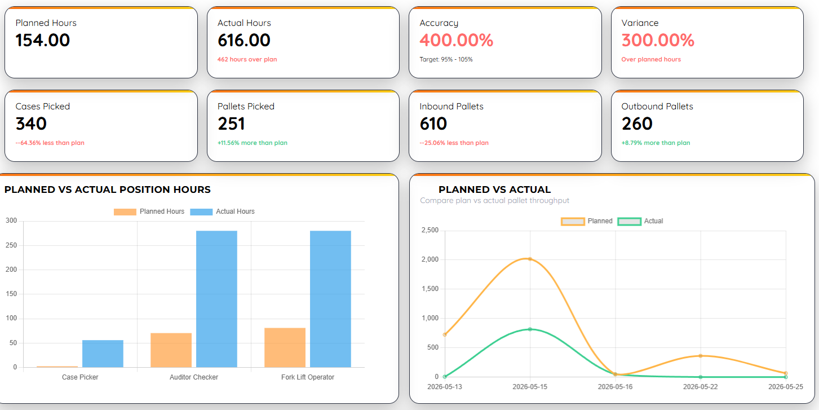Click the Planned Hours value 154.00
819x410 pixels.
click(42, 40)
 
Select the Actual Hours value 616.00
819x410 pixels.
click(244, 40)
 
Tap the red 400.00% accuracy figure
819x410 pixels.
click(457, 40)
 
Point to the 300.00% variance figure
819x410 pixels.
click(658, 40)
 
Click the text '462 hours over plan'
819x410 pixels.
click(247, 59)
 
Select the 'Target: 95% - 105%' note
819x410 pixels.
click(446, 59)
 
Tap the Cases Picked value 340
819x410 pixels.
click(31, 124)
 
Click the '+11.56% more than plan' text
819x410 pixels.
click(253, 143)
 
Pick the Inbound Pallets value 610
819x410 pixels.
click(433, 124)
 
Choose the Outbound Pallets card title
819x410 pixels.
click(657, 107)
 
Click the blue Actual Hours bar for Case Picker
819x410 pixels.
click(103, 354)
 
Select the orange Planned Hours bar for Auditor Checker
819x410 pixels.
click(171, 350)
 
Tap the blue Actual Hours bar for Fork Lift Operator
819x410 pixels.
click(330, 299)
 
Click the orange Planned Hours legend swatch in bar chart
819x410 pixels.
click(125, 211)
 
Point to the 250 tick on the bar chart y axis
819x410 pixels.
click(11, 245)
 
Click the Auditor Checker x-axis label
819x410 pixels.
click(194, 377)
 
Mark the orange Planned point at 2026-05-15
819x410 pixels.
click(530, 259)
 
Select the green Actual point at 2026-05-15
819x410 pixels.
click(530, 329)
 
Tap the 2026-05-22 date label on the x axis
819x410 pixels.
click(700, 387)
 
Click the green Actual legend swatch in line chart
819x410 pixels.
click(629, 221)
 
